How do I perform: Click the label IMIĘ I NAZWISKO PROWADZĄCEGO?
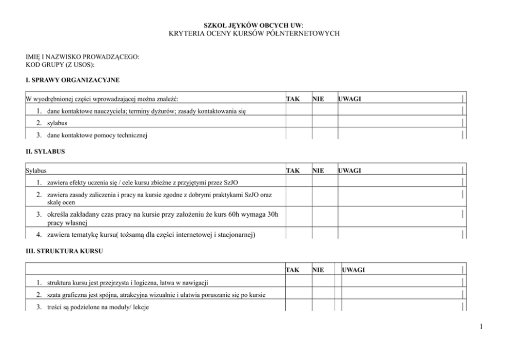[83, 57]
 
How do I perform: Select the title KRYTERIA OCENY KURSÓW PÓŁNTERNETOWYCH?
[254, 33]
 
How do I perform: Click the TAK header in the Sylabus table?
[292, 170]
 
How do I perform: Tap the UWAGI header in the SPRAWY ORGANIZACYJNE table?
[349, 98]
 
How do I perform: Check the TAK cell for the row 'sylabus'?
[299, 123]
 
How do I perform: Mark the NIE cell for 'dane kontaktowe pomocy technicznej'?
[324, 135]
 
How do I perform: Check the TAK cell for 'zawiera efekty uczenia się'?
[299, 182]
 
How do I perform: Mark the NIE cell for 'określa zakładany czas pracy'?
[324, 218]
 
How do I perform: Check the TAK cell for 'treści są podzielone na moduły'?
[299, 307]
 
